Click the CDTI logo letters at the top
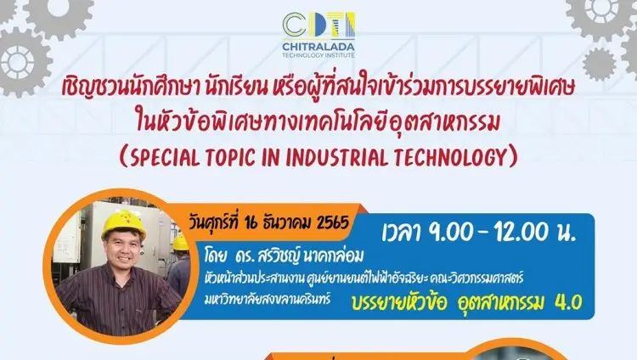point(318,25)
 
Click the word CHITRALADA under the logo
point(318,47)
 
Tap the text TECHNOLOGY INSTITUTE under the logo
point(318,55)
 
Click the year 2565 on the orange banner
point(333,222)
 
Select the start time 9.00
point(451,233)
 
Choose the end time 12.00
point(521,233)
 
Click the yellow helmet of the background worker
point(180,243)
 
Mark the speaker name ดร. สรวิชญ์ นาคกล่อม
point(299,256)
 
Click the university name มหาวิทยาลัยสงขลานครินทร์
point(268,300)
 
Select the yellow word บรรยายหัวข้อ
point(399,303)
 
